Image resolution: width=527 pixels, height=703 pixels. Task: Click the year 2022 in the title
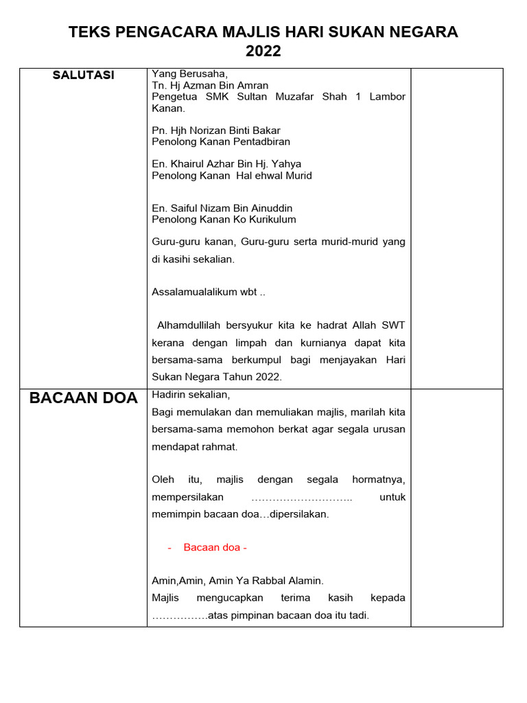pos(263,51)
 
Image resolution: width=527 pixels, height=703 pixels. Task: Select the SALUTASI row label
pos(83,76)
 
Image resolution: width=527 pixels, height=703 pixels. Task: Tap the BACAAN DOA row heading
pos(83,398)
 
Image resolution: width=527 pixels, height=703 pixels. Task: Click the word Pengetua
pos(175,97)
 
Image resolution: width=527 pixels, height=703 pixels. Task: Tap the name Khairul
pos(187,164)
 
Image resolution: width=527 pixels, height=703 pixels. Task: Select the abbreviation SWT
pos(394,325)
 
